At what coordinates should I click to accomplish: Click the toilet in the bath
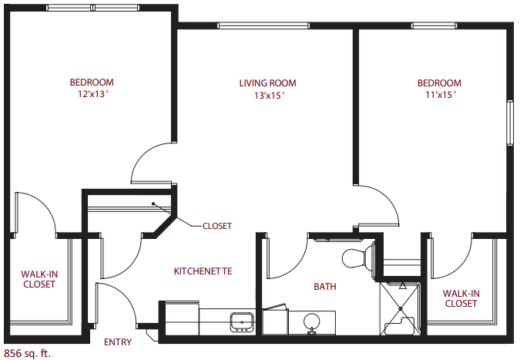pyautogui.click(x=358, y=258)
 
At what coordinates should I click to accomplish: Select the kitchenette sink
pyautogui.click(x=242, y=321)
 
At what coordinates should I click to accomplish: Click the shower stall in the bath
pyautogui.click(x=401, y=308)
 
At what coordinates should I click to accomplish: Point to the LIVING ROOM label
pyautogui.click(x=267, y=83)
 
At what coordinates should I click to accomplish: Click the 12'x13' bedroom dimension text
pyautogui.click(x=93, y=94)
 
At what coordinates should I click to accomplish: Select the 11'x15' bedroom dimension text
pyautogui.click(x=440, y=95)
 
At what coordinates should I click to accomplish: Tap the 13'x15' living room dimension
pyautogui.click(x=270, y=96)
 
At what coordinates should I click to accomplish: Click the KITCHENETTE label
pyautogui.click(x=203, y=271)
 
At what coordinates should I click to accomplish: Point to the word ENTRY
pyautogui.click(x=118, y=342)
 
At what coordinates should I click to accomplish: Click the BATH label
pyautogui.click(x=325, y=286)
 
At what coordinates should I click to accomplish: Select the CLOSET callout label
pyautogui.click(x=217, y=226)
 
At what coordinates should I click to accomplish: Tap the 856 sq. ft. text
pyautogui.click(x=28, y=353)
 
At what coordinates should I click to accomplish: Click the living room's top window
pyautogui.click(x=263, y=25)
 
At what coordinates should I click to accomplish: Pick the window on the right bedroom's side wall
pyautogui.click(x=510, y=122)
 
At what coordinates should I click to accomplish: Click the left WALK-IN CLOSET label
pyautogui.click(x=39, y=279)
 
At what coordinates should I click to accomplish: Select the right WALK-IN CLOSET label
pyautogui.click(x=461, y=298)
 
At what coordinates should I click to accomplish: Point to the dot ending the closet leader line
pyautogui.click(x=153, y=204)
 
